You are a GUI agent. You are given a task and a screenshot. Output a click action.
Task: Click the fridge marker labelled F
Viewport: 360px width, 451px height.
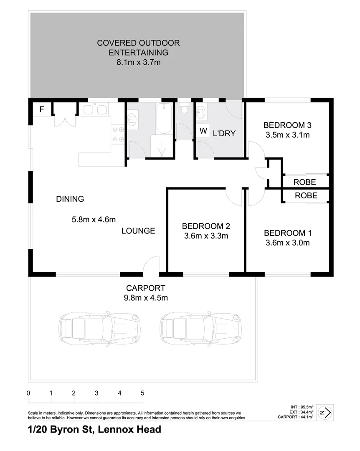coord(41,110)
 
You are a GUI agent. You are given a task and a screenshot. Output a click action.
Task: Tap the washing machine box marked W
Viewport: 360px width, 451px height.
coord(203,131)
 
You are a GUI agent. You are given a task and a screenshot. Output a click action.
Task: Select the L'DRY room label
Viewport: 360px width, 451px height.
coord(224,134)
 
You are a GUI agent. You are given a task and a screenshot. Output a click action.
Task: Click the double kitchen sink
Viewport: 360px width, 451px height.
coord(95,110)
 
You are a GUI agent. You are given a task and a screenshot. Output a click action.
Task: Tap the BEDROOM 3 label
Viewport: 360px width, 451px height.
coord(288,125)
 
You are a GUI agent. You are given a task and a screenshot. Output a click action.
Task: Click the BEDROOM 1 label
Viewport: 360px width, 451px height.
coord(287,233)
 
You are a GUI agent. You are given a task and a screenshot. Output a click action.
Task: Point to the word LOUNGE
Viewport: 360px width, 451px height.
coord(138,231)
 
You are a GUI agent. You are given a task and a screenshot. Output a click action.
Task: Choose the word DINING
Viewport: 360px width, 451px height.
coord(70,199)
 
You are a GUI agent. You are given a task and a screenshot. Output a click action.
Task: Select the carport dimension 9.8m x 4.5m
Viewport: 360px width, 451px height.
coord(146,298)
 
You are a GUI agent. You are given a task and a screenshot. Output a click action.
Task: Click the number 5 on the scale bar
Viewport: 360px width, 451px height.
coord(142,393)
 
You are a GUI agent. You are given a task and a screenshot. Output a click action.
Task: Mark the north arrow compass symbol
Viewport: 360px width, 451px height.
coord(325,413)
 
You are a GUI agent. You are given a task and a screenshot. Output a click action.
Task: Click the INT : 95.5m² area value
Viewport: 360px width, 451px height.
coord(302,406)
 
